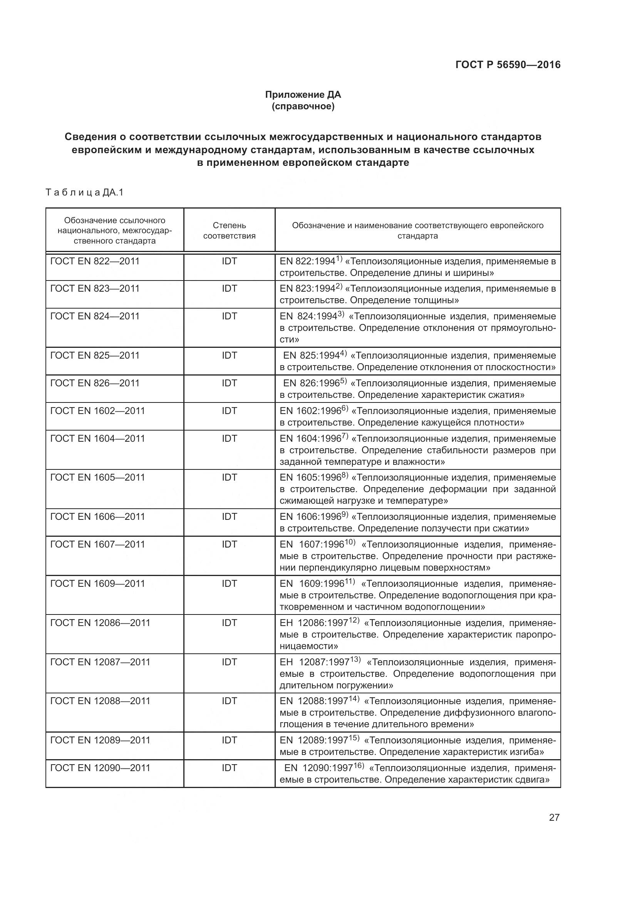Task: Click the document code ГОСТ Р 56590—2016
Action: tap(508, 65)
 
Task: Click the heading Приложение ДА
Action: tap(303, 95)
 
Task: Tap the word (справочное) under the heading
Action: tap(303, 106)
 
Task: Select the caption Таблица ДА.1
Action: tap(84, 192)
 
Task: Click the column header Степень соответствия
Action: tap(229, 230)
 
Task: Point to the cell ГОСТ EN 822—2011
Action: tap(95, 261)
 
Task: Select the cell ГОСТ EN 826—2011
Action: tap(95, 383)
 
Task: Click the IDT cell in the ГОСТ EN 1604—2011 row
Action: tap(229, 439)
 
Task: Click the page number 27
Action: tap(554, 817)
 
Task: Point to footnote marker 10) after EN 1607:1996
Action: tap(350, 542)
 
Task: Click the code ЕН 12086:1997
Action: tap(314, 623)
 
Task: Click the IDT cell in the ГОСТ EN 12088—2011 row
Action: tap(229, 701)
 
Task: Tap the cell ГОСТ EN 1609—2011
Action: tap(97, 584)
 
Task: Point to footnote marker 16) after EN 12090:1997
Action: tap(359, 766)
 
